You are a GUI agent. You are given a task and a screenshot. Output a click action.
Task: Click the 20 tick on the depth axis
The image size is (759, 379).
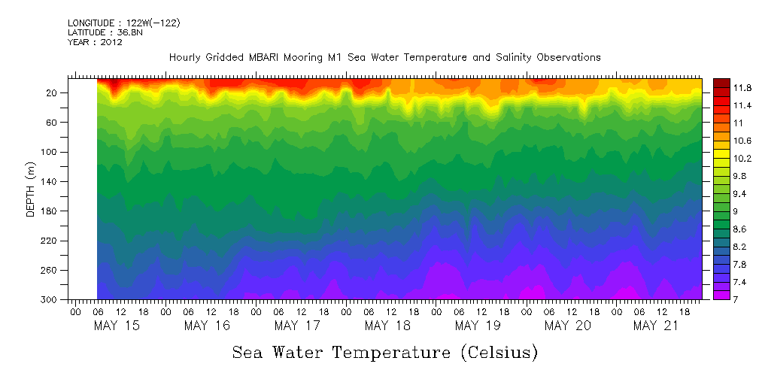pos(52,93)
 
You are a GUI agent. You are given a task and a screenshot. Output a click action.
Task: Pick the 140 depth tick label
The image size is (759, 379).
pos(50,182)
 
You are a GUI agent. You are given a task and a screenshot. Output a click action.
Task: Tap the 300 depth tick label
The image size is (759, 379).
pos(50,300)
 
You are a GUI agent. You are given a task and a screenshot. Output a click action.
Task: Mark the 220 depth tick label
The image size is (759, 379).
pos(50,241)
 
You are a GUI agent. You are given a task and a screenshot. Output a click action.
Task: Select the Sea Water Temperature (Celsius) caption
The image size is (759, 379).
pos(384,352)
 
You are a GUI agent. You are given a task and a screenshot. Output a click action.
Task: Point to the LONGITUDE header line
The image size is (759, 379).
pos(123,23)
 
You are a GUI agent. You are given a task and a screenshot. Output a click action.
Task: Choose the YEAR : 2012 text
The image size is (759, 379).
pos(95,43)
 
